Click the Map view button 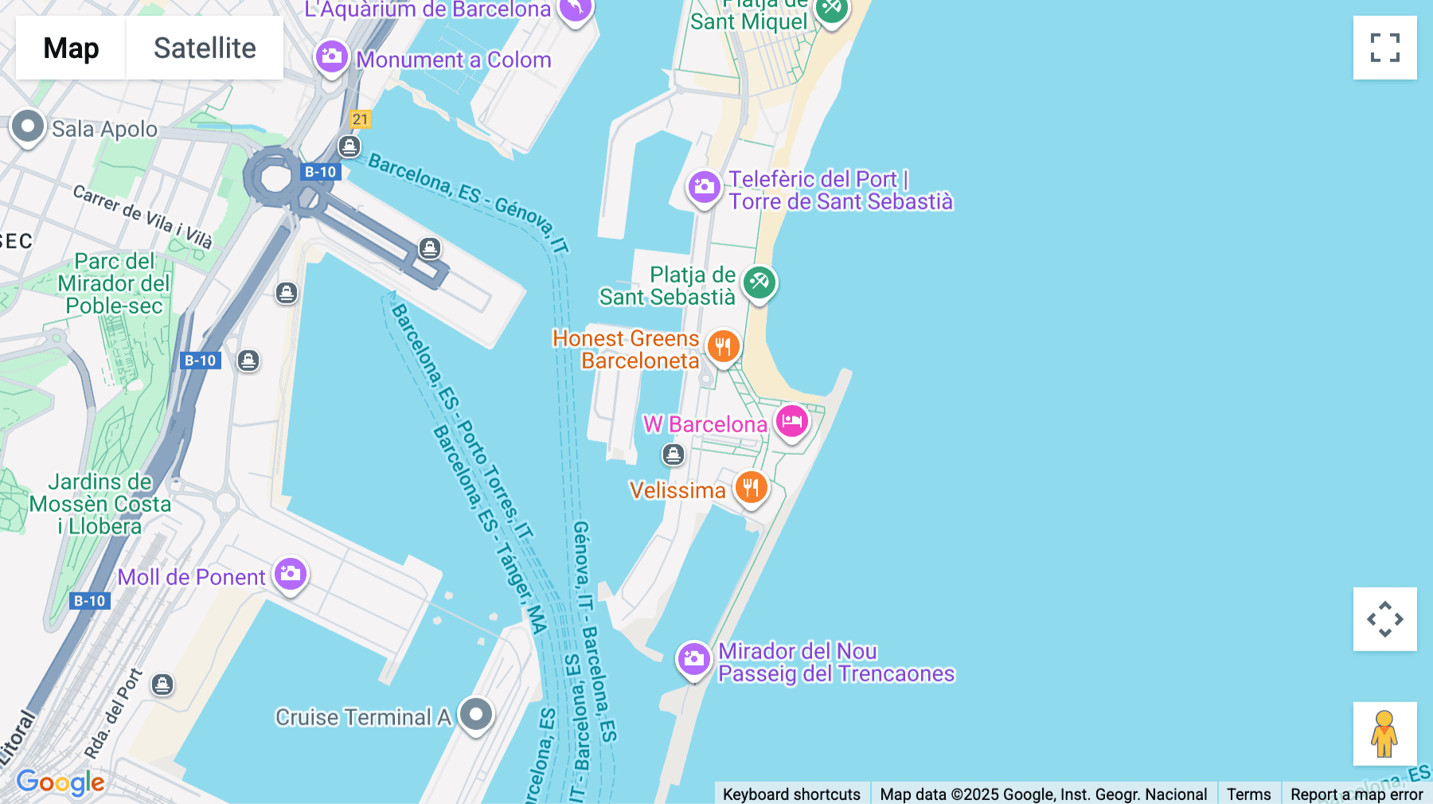tap(71, 48)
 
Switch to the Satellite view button tap(205, 48)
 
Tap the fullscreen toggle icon tap(1384, 48)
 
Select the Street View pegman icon tap(1384, 734)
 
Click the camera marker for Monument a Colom tap(331, 57)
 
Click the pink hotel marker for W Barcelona tap(791, 422)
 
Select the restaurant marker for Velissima tap(751, 487)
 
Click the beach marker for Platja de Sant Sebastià tap(759, 283)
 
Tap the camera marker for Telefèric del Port tap(704, 188)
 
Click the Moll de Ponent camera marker tap(291, 574)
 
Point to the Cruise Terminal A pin tap(476, 714)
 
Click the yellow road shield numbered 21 tap(361, 119)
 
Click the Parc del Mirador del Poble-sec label tap(114, 283)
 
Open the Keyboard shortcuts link tap(791, 794)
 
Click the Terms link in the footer tap(1248, 794)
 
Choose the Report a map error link tap(1357, 794)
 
